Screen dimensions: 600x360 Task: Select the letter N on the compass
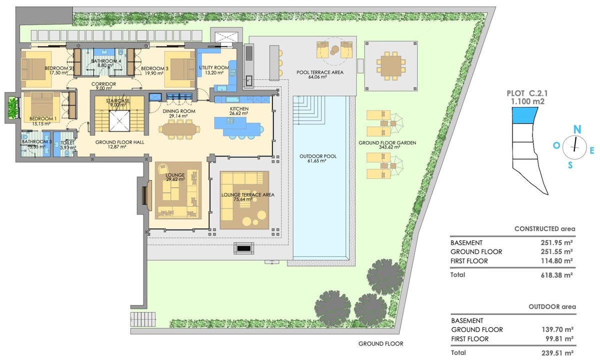point(576,129)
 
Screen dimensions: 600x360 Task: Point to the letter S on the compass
point(570,165)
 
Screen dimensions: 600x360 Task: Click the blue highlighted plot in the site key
point(524,115)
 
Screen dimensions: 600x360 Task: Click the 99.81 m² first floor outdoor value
point(559,339)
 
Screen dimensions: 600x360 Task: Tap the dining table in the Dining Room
point(179,129)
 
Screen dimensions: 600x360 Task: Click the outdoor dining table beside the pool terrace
point(391,66)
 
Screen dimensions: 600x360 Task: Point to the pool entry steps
point(309,110)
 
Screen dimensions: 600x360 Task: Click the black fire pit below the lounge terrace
point(244,248)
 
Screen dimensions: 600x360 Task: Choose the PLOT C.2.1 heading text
point(527,93)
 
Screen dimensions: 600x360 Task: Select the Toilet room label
point(67,143)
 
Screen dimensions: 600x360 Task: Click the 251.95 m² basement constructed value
point(556,242)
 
